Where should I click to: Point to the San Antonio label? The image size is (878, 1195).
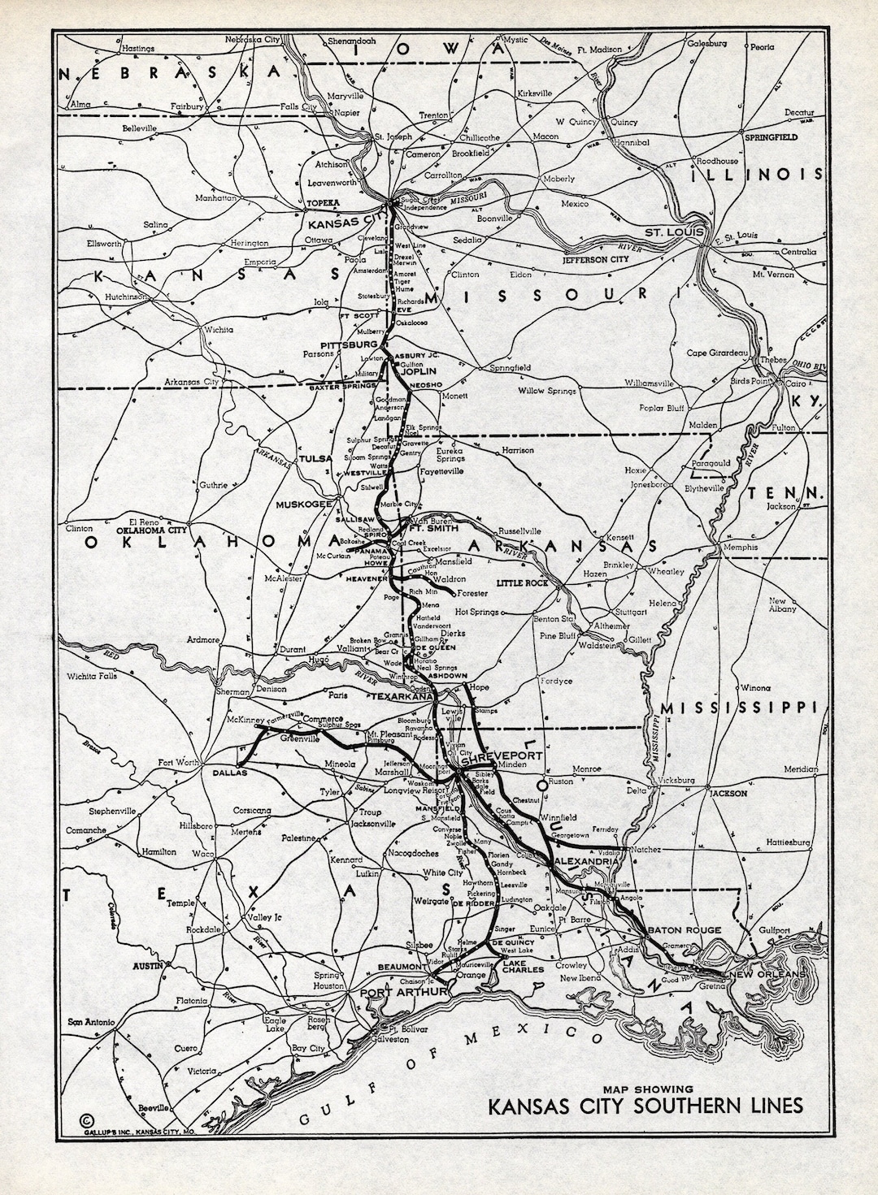pyautogui.click(x=90, y=1022)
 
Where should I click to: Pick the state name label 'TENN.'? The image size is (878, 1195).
pyautogui.click(x=786, y=492)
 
